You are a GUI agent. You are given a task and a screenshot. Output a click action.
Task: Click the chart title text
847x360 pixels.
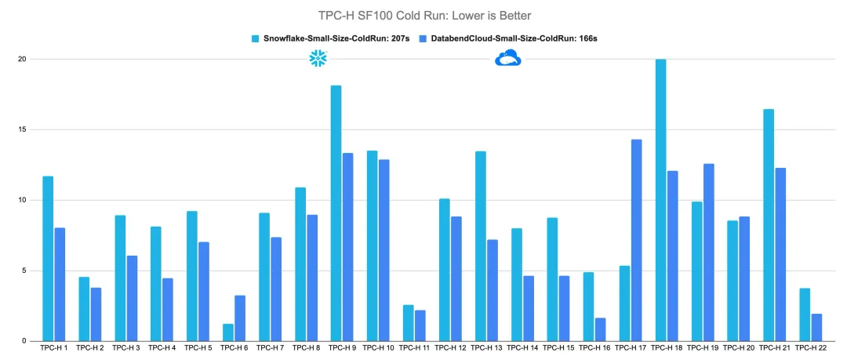pyautogui.click(x=423, y=15)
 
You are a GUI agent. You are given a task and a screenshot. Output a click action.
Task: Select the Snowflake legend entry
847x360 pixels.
pyautogui.click(x=328, y=38)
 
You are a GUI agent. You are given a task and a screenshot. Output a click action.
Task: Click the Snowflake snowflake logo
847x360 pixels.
pyautogui.click(x=318, y=58)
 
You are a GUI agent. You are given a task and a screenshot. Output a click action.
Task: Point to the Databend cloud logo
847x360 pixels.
pyautogui.click(x=508, y=58)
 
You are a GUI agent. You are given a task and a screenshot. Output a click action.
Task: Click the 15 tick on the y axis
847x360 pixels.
pyautogui.click(x=21, y=129)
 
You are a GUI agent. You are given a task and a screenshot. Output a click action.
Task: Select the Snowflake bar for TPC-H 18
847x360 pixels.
pyautogui.click(x=660, y=200)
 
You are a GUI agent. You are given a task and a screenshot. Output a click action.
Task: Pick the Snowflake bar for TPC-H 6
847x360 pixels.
pyautogui.click(x=227, y=333)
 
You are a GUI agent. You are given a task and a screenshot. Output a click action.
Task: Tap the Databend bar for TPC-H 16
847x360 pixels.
pyautogui.click(x=600, y=329)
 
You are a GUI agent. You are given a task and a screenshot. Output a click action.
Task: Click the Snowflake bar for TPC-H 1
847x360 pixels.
pyautogui.click(x=48, y=259)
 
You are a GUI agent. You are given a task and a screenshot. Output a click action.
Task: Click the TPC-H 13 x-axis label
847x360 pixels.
pyautogui.click(x=488, y=347)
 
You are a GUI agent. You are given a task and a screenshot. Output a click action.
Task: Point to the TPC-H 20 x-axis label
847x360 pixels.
pyautogui.click(x=739, y=347)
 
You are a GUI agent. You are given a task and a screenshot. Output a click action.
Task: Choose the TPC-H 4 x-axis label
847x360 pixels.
pyautogui.click(x=162, y=347)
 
